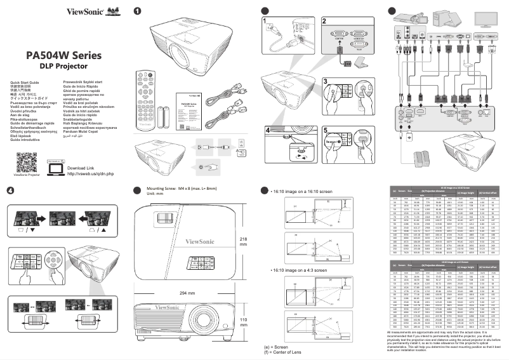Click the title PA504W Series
(63, 55)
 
